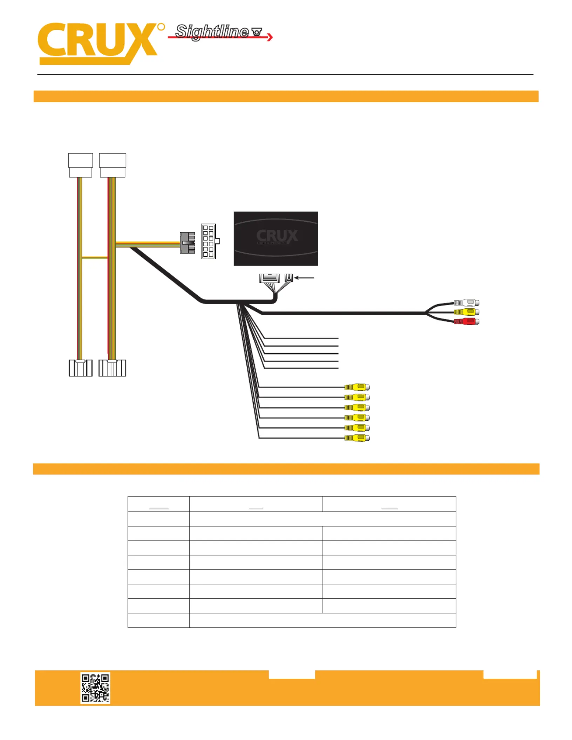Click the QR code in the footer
tap(95, 687)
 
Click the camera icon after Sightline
tap(257, 32)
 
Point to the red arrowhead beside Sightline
tap(270, 37)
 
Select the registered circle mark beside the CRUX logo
tap(161, 27)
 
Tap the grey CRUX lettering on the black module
tap(277, 235)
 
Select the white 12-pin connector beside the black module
tap(210, 241)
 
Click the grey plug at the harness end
tap(188, 242)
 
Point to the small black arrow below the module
tap(304, 278)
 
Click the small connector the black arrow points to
tap(289, 278)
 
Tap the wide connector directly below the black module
tap(269, 278)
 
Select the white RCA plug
tap(467, 303)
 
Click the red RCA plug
tap(467, 321)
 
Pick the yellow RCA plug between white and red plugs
tap(467, 312)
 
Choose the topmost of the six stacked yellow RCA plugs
tap(357, 387)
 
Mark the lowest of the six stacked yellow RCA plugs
tap(357, 438)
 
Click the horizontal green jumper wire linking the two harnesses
tap(95, 258)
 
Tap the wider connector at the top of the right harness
tap(113, 165)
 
